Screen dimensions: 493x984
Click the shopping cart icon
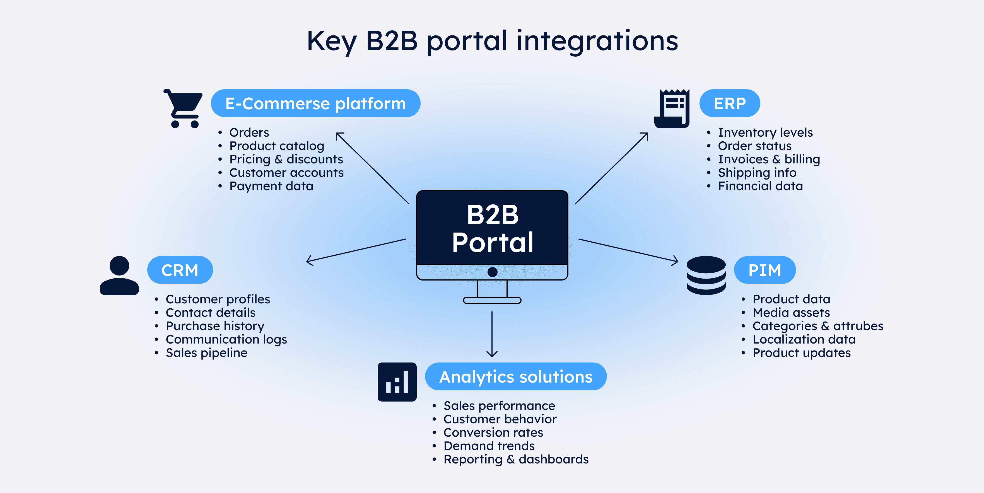183,108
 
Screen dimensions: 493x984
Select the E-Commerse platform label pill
315,103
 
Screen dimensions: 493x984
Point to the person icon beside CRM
119,275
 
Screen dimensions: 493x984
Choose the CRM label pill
180,270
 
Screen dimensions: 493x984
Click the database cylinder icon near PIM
706,275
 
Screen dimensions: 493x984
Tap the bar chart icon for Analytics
397,381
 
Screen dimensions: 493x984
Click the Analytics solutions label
515,376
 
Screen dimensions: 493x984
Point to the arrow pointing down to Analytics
492,334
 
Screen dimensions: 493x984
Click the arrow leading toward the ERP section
611,168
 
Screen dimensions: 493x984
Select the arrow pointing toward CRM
355,250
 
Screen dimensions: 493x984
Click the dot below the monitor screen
492,272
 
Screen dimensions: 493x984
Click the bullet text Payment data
271,186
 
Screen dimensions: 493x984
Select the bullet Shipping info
757,173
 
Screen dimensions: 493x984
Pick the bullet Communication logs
226,339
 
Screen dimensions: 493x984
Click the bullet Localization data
804,339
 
